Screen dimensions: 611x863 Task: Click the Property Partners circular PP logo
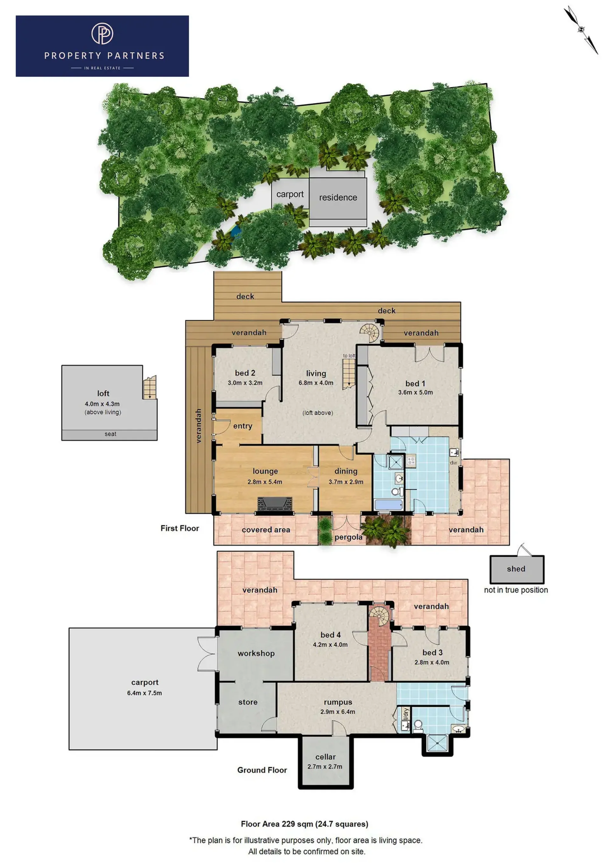pyautogui.click(x=102, y=33)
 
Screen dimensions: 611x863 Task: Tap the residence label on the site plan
pyautogui.click(x=338, y=197)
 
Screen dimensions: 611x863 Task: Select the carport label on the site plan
pyautogui.click(x=290, y=194)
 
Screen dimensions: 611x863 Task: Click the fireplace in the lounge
pyautogui.click(x=275, y=504)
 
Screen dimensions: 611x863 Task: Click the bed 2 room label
pyautogui.click(x=245, y=373)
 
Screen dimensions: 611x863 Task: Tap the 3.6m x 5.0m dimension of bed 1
pyautogui.click(x=415, y=393)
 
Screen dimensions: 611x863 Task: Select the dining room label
pyautogui.click(x=346, y=471)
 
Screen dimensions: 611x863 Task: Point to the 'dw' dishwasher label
pyautogui.click(x=453, y=463)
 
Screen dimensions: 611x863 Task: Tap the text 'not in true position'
pyautogui.click(x=516, y=590)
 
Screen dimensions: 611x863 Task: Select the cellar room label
pyautogui.click(x=326, y=757)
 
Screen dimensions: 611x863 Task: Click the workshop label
pyautogui.click(x=256, y=653)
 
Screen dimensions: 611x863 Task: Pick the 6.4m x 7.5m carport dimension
pyautogui.click(x=144, y=693)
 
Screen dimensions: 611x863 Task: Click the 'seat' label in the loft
pyautogui.click(x=110, y=434)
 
